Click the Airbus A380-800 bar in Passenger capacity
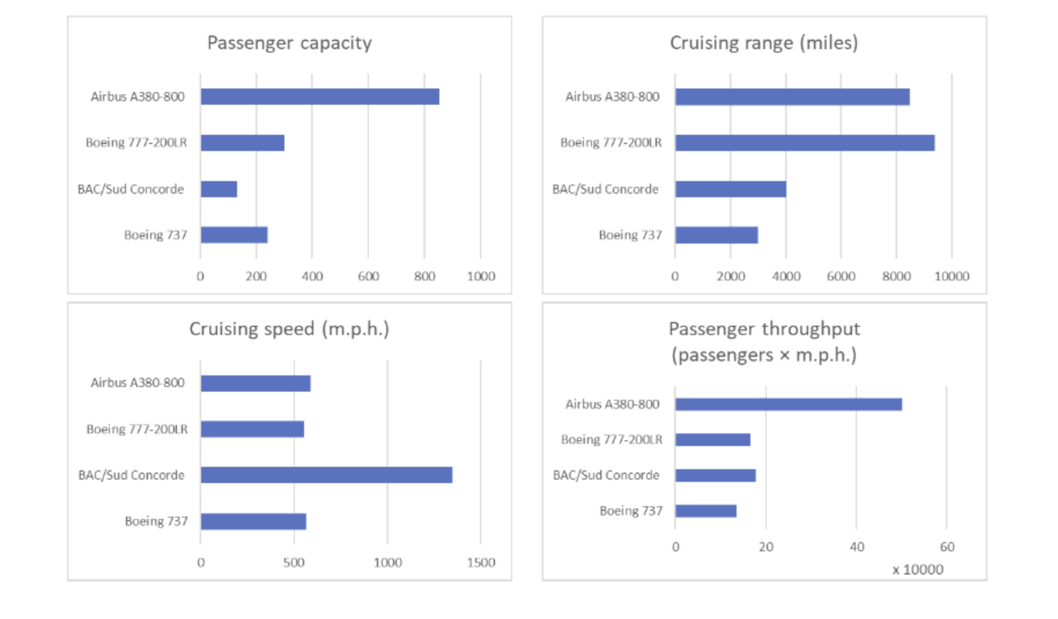pos(320,97)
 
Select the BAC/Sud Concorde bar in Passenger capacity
pos(219,189)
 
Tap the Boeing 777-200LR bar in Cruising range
pos(804,143)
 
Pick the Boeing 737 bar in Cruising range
pos(716,235)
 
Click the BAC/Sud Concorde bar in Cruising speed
pos(326,475)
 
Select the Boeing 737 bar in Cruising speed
pos(253,521)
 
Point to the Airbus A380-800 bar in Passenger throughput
pos(788,404)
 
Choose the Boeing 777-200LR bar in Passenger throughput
pos(712,440)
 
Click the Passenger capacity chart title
pos(289,43)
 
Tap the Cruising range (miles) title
pos(763,43)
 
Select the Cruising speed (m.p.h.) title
pos(289,329)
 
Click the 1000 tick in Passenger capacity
pos(480,277)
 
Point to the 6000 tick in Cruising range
pos(841,277)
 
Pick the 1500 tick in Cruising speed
pos(480,562)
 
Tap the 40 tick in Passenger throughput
pos(856,547)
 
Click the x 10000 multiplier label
pos(918,570)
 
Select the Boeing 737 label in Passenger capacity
pos(156,235)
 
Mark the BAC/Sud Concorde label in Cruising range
pos(605,189)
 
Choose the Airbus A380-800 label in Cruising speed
pos(138,383)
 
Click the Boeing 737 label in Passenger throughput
pos(631,511)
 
